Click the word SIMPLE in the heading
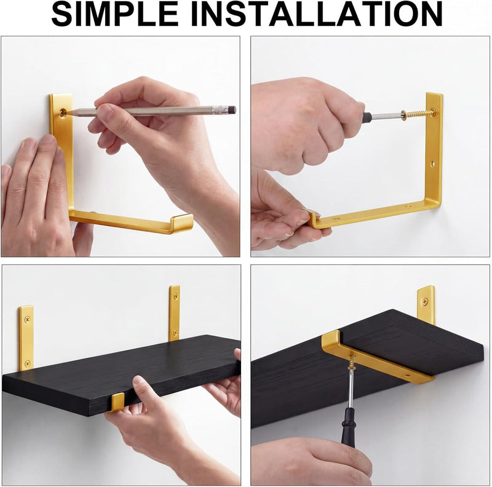point(115,14)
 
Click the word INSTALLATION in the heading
point(317,14)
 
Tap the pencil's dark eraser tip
point(232,110)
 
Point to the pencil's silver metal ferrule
point(220,110)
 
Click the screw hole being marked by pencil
point(63,113)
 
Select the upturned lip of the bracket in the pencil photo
point(182,223)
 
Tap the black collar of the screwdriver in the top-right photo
point(367,117)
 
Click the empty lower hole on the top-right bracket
point(433,164)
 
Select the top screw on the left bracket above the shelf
point(27,320)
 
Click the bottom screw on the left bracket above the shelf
point(28,363)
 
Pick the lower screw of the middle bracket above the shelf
point(175,331)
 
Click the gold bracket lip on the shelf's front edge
point(118,402)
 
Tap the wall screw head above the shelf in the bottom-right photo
point(425,302)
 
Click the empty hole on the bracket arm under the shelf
point(408,375)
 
